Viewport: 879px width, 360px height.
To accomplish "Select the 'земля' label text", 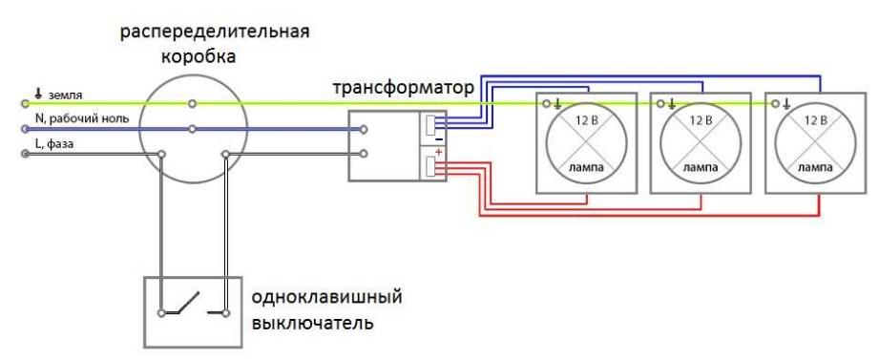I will tap(65, 94).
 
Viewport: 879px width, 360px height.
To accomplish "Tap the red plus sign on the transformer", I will tap(438, 153).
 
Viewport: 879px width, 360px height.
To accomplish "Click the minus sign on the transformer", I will tap(438, 138).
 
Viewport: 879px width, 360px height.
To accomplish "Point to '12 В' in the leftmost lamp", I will tap(585, 120).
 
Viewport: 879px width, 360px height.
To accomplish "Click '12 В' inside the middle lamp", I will tap(700, 120).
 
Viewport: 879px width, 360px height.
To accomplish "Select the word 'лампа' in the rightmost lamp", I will tap(814, 166).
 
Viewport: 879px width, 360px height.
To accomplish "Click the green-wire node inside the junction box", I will tap(193, 103).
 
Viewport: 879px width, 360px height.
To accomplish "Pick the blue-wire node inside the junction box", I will tap(193, 128).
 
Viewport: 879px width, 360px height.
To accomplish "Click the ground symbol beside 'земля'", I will tap(38, 94).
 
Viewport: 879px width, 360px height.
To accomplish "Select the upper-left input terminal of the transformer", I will tap(365, 128).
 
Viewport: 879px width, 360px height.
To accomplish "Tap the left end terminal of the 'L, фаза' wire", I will tap(24, 153).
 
